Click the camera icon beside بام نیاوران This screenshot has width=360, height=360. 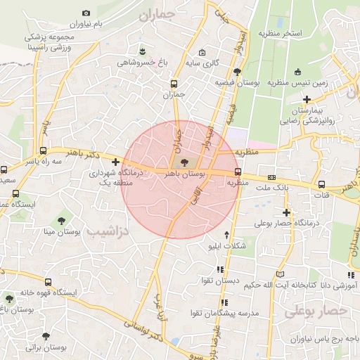[x=86, y=13]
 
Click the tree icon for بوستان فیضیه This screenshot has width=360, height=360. [x=237, y=71]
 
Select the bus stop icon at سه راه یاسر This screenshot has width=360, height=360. [x=44, y=150]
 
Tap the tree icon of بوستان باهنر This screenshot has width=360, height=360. [x=175, y=162]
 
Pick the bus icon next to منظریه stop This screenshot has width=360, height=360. [x=238, y=171]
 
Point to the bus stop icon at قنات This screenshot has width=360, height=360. [x=322, y=184]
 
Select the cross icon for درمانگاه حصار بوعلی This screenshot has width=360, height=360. [x=285, y=212]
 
